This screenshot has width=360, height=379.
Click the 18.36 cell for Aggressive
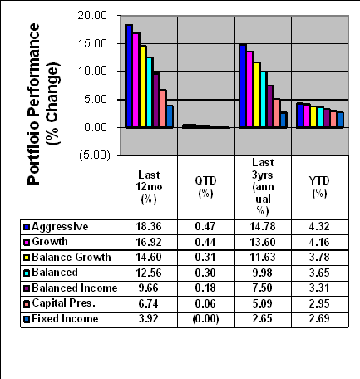[149, 227]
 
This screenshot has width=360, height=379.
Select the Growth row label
[50, 242]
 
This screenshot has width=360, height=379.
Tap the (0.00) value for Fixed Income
[205, 319]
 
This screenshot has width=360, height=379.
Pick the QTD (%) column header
[205, 187]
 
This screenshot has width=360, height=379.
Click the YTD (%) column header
[319, 187]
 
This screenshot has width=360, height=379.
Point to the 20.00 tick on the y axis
[92, 15]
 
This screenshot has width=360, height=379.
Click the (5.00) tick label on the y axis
[95, 155]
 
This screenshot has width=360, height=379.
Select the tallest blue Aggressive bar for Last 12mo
[129, 76]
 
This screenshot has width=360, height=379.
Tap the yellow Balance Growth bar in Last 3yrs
[257, 95]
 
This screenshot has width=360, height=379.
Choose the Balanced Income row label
[75, 288]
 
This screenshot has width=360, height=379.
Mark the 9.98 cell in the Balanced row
[263, 273]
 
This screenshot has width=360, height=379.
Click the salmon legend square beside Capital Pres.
[27, 304]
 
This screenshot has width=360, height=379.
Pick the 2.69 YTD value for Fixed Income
[319, 318]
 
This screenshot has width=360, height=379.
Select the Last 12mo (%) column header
[149, 187]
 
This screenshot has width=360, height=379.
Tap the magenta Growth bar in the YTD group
[306, 116]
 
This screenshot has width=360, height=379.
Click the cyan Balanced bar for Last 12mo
[150, 92]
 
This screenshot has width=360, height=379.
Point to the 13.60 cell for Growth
[263, 242]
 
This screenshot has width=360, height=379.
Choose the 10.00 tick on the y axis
[92, 71]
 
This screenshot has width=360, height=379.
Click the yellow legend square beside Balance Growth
[27, 258]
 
